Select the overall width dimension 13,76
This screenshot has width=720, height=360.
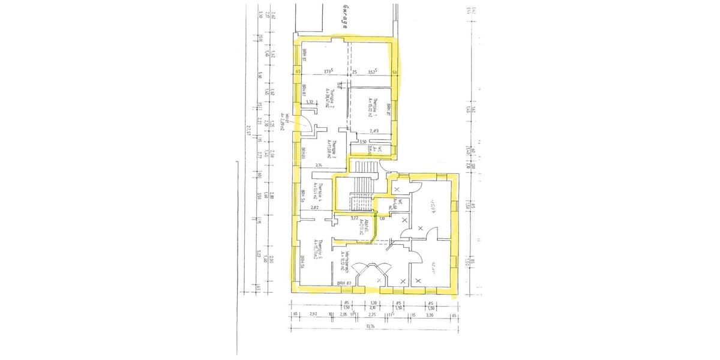(373, 326)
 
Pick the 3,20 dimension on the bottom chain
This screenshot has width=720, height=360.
(430, 313)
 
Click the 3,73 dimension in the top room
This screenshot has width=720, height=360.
(328, 71)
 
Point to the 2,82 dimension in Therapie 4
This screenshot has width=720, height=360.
(314, 207)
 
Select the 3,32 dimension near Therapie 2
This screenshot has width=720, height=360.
(310, 103)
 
